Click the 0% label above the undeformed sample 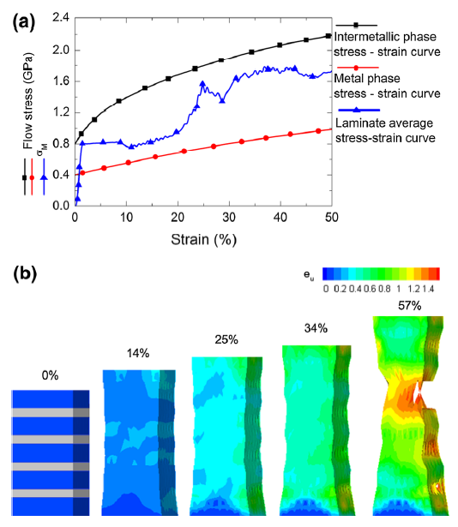point(50,374)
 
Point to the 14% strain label point(138,353)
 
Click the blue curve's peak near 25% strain point(202,83)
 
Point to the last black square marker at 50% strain point(329,36)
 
